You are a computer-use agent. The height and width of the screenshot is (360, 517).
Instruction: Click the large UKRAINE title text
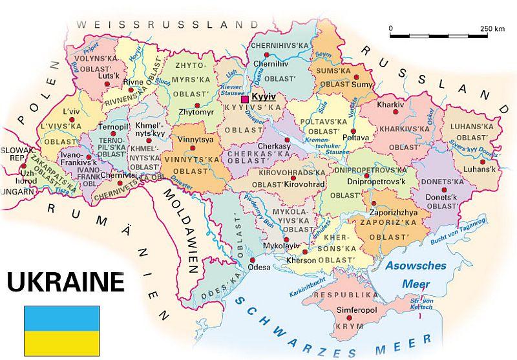click(65, 282)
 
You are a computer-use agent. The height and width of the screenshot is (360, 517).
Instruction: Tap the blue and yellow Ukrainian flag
click(62, 331)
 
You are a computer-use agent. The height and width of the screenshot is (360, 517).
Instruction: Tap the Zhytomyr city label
click(195, 112)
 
